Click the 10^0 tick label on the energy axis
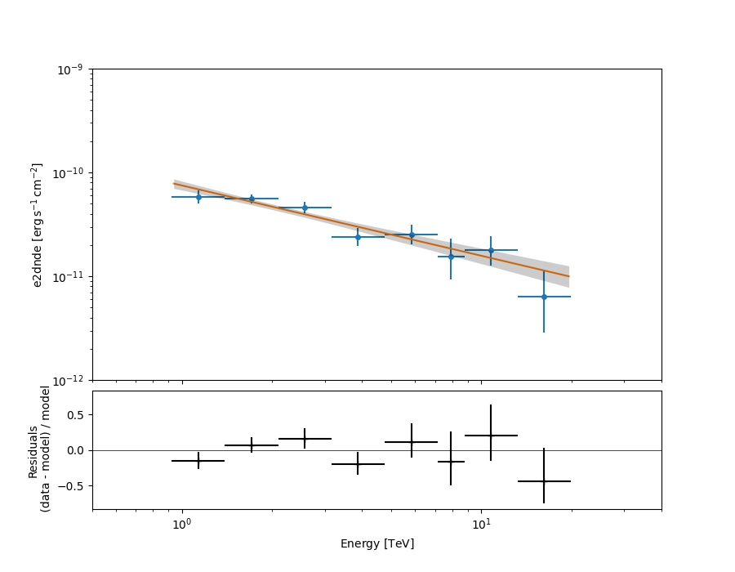[182, 523]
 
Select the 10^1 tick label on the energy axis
[481, 523]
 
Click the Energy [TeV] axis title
[376, 543]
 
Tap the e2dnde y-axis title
[38, 225]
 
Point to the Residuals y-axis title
[39, 468]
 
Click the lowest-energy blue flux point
[198, 197]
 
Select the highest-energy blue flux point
[544, 297]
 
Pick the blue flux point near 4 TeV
[358, 237]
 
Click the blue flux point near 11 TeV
[491, 250]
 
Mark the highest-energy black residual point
[544, 481]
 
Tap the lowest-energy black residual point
[198, 461]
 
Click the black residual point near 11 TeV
[491, 436]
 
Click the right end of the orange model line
[568, 276]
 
